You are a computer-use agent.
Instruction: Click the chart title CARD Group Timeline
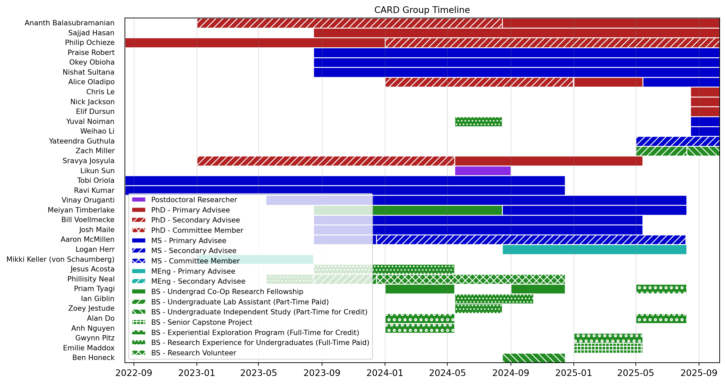(422, 10)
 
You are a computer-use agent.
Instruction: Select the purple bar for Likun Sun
(483, 171)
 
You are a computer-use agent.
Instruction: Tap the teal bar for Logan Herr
(594, 249)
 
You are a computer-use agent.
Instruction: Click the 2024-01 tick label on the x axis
(385, 373)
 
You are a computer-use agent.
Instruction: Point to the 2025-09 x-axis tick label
(699, 373)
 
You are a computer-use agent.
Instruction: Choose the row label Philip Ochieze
(90, 43)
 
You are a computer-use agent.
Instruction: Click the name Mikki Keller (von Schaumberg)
(60, 259)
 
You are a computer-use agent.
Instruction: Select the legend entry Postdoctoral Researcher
(194, 200)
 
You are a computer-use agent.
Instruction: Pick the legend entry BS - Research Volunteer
(193, 353)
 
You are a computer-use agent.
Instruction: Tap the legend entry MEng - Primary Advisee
(193, 271)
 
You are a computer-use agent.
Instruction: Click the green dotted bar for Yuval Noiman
(478, 122)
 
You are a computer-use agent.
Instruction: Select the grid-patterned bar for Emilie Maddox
(608, 348)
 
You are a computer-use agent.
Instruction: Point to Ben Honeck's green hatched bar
(534, 358)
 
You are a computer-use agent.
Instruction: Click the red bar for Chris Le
(705, 92)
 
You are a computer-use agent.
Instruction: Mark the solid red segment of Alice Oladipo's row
(608, 82)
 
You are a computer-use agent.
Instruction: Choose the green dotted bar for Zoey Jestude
(478, 309)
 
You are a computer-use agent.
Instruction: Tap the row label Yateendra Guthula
(82, 141)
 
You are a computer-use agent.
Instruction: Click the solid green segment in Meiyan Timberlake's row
(437, 210)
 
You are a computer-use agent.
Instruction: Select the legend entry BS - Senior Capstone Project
(201, 322)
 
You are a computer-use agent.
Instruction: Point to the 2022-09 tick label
(134, 373)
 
